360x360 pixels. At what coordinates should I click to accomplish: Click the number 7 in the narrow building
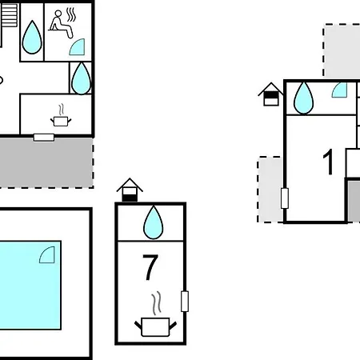click(x=150, y=267)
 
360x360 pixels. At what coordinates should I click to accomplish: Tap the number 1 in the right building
click(x=328, y=162)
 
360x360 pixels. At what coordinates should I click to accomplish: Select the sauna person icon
click(x=61, y=24)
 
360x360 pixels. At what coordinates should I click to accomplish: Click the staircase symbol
click(x=9, y=15)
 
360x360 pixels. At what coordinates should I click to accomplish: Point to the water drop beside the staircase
click(x=32, y=37)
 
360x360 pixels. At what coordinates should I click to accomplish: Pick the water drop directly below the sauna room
click(x=81, y=78)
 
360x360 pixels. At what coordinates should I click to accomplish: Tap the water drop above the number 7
click(x=154, y=222)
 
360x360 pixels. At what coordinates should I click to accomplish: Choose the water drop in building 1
click(x=303, y=98)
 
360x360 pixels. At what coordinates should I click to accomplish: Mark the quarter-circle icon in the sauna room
click(x=78, y=47)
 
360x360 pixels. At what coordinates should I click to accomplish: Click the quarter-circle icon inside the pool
click(x=47, y=255)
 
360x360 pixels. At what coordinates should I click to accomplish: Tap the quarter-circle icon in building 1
click(x=339, y=90)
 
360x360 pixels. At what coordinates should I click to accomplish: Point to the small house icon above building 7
click(x=130, y=190)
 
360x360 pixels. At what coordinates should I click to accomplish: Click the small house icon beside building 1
click(x=271, y=94)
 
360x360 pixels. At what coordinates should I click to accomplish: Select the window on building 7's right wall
click(x=185, y=302)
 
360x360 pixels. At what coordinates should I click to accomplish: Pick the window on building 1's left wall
click(x=285, y=198)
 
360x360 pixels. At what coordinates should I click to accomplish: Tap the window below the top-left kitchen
click(x=44, y=138)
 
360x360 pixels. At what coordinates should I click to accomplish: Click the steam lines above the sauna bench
click(x=71, y=14)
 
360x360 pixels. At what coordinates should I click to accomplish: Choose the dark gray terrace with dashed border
click(x=46, y=163)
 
